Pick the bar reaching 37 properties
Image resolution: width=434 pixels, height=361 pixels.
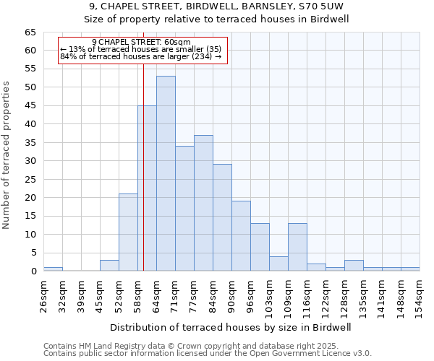point(203,203)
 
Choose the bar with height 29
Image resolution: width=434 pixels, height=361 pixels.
point(222,217)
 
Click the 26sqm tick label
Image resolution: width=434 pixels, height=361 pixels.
point(43,295)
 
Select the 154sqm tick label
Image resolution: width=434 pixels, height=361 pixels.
point(420,295)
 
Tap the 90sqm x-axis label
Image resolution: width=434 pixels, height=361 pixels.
point(231,295)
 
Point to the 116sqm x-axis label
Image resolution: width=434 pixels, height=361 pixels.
point(307,295)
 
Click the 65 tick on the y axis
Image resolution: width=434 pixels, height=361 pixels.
point(30,32)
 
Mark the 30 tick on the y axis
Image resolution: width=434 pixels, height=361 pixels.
point(30,161)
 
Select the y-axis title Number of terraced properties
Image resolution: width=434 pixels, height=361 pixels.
point(7,155)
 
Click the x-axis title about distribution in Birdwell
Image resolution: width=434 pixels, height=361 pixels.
point(231,327)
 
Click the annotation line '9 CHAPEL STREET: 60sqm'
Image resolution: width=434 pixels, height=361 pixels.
point(142,43)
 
